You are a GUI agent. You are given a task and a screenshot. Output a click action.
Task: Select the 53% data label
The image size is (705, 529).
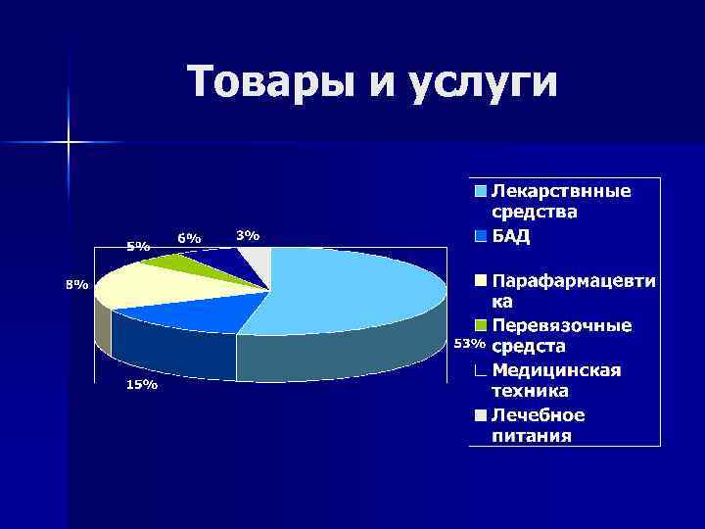[468, 343]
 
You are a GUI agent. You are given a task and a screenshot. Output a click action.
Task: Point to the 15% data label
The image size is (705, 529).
[140, 385]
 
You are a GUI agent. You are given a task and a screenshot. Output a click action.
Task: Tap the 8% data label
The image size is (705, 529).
[75, 285]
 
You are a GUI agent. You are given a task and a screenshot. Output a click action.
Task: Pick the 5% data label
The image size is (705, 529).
[138, 247]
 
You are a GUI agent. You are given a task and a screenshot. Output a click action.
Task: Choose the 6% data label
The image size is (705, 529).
[189, 238]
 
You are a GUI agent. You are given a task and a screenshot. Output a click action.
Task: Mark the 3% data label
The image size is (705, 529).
[248, 235]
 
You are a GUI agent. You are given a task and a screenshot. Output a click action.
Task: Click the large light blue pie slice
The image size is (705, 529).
[352, 289]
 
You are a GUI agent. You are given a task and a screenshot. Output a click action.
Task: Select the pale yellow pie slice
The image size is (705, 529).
[147, 284]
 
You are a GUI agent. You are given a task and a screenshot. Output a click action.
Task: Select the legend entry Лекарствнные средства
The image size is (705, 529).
[559, 201]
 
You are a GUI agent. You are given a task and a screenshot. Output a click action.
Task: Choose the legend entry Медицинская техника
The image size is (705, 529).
[555, 379]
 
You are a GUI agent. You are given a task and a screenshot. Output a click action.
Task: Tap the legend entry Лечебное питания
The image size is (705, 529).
[538, 425]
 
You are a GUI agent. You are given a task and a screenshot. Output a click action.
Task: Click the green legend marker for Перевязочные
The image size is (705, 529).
[481, 325]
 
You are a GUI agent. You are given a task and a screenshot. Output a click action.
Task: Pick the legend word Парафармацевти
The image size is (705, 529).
[573, 281]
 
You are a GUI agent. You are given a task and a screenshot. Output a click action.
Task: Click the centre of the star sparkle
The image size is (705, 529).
[69, 143]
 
